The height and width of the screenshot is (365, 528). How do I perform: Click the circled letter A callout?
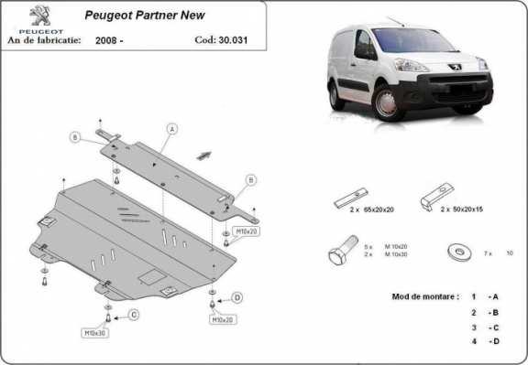click(170, 129)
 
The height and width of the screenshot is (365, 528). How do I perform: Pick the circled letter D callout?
click(236, 298)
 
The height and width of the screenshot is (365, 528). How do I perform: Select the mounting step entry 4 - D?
click(484, 342)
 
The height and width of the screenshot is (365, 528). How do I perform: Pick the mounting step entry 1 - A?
click(484, 297)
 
